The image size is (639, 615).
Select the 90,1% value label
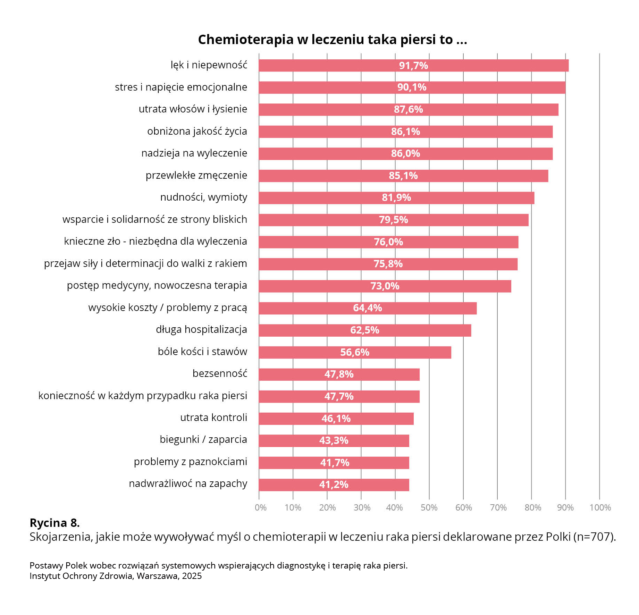pos(412,87)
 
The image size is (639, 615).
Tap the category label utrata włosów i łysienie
pos(193,109)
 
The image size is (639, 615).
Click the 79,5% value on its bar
pos(393,220)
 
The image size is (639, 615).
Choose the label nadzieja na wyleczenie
pos(194,153)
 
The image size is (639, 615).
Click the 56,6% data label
pos(354,352)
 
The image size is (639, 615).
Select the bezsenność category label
pos(220,373)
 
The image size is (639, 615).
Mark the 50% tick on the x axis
pos(429,508)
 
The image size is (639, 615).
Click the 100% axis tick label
pos(600,508)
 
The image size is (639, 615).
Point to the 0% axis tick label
pos(260,508)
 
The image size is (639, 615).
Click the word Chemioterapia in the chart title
pos(245,40)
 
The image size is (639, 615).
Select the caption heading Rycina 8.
pos(54,523)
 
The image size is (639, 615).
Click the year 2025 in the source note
pos(192,576)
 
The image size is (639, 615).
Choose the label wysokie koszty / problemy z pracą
pos(168,308)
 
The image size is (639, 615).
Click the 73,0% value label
pos(385,286)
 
